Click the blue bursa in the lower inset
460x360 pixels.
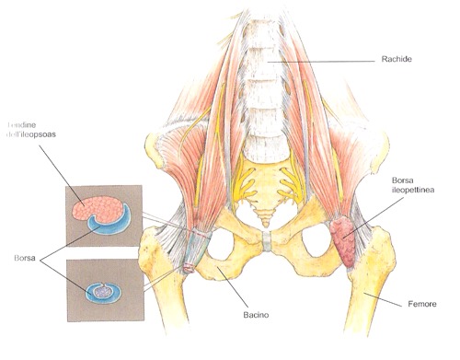coord(101,293)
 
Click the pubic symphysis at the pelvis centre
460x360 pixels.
coord(265,241)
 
